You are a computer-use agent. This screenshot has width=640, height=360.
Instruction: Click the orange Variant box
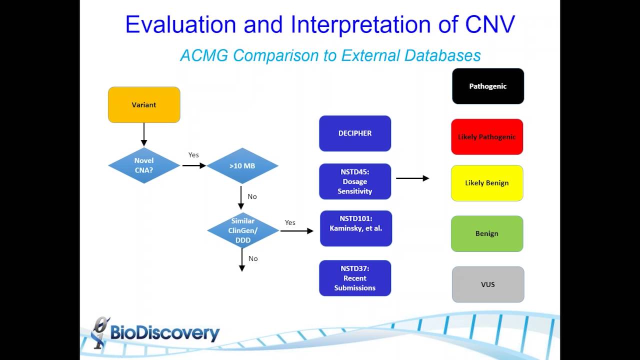(x=144, y=104)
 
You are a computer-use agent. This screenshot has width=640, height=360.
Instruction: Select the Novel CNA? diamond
(x=144, y=165)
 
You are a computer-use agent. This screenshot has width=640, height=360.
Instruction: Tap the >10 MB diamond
(x=242, y=165)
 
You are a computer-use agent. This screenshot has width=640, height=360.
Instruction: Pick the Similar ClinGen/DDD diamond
(x=243, y=230)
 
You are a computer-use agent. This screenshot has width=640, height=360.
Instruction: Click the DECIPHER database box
(x=355, y=133)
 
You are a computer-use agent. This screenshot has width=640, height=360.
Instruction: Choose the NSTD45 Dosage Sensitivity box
(x=355, y=181)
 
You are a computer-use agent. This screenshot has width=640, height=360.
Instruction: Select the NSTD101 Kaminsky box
(x=356, y=228)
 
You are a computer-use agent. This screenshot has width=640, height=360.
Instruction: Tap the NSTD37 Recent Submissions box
(x=355, y=278)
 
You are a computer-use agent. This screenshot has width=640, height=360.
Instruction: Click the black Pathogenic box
(x=488, y=86)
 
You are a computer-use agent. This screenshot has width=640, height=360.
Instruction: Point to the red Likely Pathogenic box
(x=487, y=137)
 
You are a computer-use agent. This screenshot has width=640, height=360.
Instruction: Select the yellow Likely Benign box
(x=487, y=183)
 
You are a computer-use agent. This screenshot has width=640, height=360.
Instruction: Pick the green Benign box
(x=487, y=233)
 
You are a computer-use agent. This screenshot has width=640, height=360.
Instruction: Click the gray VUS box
(x=488, y=284)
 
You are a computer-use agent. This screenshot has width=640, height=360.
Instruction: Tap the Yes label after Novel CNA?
(x=193, y=155)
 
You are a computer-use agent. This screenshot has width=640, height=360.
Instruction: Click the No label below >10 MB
(x=252, y=196)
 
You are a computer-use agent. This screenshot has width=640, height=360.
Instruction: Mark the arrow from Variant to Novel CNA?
(x=144, y=134)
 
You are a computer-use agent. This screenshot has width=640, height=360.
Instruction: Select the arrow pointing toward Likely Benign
(x=412, y=178)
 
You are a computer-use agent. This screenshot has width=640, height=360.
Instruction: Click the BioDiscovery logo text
(x=164, y=333)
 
